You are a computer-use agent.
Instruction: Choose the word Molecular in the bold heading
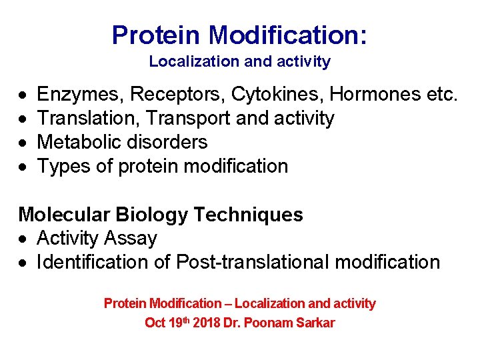point(64,215)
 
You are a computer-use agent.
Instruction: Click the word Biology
point(150,215)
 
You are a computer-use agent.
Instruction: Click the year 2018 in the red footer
point(207,323)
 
